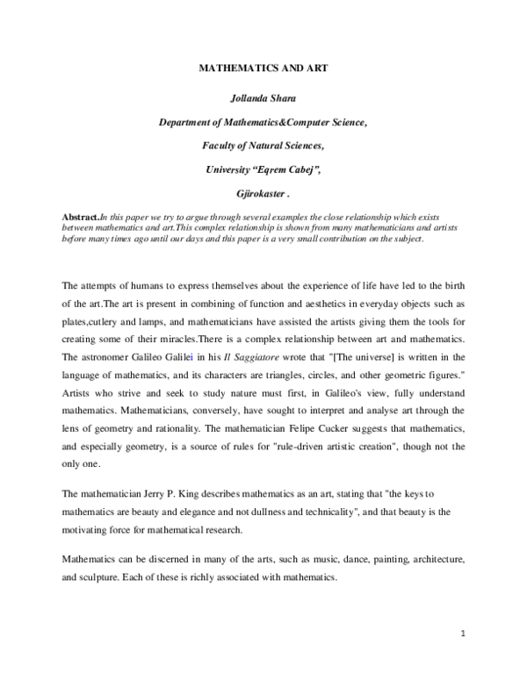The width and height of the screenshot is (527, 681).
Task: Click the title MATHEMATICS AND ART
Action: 263,67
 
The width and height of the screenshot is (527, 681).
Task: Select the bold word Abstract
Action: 81,216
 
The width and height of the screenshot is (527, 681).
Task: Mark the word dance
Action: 325,558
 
